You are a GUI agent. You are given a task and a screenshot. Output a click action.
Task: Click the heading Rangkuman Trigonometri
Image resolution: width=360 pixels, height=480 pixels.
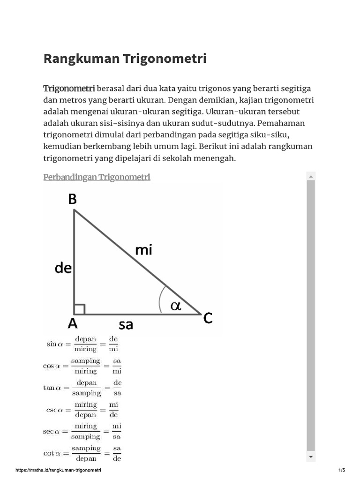pos(125,59)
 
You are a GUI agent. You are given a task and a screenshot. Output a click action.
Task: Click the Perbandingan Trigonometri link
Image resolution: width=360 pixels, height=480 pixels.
pos(97,177)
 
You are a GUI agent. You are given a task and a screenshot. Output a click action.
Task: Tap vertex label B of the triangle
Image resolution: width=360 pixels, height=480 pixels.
pos(72,199)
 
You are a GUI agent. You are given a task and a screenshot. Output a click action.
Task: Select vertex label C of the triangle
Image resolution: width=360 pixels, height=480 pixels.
pos(208,319)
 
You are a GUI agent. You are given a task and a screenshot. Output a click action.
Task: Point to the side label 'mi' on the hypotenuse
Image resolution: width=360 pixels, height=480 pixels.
pos(143,251)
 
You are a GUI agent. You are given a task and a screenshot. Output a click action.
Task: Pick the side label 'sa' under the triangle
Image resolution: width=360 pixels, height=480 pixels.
pos(126,324)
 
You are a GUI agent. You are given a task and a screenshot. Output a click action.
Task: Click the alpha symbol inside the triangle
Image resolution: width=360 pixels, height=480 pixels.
pos(175,306)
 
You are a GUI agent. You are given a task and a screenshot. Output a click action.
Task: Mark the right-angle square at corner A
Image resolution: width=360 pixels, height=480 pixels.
pos(79,309)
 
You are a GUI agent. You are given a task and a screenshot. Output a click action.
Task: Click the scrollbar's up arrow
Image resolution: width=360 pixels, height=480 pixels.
pos(311,176)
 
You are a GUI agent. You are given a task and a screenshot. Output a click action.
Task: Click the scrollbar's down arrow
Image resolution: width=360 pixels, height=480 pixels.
pos(311,457)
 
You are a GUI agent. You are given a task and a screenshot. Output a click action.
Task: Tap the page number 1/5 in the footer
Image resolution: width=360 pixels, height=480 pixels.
pos(341,470)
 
